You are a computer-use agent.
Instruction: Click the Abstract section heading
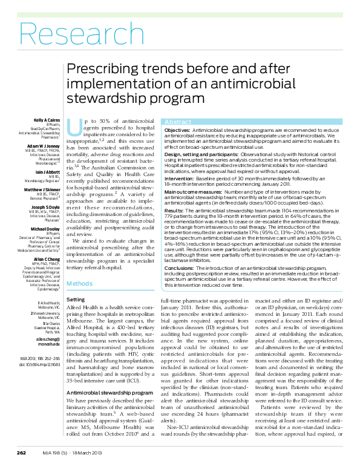point(178,122)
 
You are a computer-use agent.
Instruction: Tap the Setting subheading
point(75,300)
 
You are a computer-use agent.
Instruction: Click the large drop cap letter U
point(74,128)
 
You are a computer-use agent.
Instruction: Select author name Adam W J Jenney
point(43,147)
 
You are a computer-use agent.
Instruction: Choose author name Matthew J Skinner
point(42,189)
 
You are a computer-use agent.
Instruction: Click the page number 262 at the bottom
point(21,452)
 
